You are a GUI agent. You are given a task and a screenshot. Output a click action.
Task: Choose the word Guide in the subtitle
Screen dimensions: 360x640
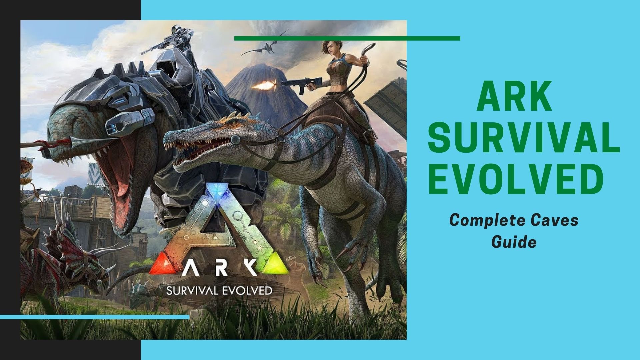pos(514,242)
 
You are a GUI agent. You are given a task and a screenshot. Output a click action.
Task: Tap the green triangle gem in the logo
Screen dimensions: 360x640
pos(275,266)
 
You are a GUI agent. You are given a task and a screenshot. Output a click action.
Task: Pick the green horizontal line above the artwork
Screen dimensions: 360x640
pos(347,38)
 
